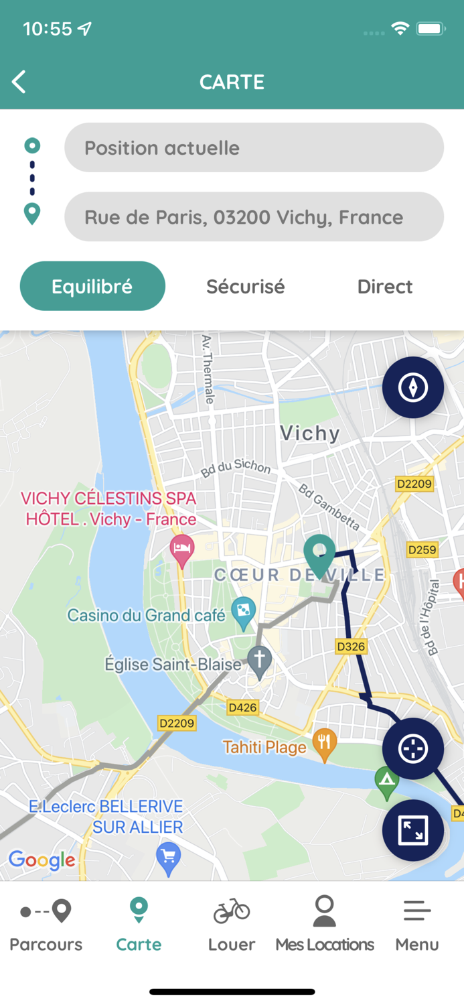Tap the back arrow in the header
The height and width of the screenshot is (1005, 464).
click(19, 82)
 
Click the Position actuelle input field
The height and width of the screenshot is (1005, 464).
click(254, 148)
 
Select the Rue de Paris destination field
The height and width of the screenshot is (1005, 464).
click(254, 217)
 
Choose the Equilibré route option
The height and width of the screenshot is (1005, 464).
click(92, 286)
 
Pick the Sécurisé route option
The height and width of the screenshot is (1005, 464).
click(245, 287)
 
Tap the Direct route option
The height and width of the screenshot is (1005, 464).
click(384, 287)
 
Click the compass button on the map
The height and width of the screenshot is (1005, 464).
click(412, 387)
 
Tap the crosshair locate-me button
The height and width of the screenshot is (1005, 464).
click(412, 748)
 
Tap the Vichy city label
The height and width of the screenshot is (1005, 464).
click(310, 433)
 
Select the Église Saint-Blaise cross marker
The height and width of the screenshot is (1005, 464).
click(259, 659)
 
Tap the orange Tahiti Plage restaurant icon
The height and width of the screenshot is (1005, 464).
click(325, 743)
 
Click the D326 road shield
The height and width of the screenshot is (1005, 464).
click(351, 647)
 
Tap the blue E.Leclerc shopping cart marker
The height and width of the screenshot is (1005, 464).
click(168, 858)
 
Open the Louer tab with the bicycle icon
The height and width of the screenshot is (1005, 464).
click(232, 925)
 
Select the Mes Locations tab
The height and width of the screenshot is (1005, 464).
click(325, 925)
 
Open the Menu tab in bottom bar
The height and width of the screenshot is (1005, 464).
click(416, 925)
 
